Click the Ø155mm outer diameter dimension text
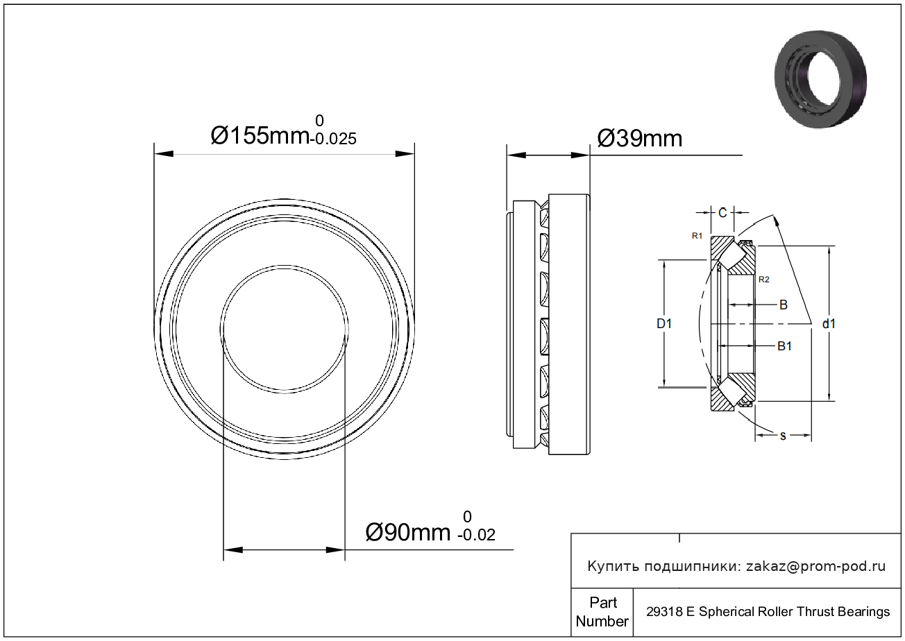tap(260, 135)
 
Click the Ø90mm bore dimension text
tap(407, 532)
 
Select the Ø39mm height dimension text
tap(640, 139)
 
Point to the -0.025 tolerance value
tap(333, 139)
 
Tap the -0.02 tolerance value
tap(476, 535)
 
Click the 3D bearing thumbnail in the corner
tap(820, 79)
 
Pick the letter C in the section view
tap(722, 212)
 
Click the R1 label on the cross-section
tap(697, 236)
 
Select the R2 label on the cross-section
tap(763, 280)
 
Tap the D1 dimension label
tap(663, 323)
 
